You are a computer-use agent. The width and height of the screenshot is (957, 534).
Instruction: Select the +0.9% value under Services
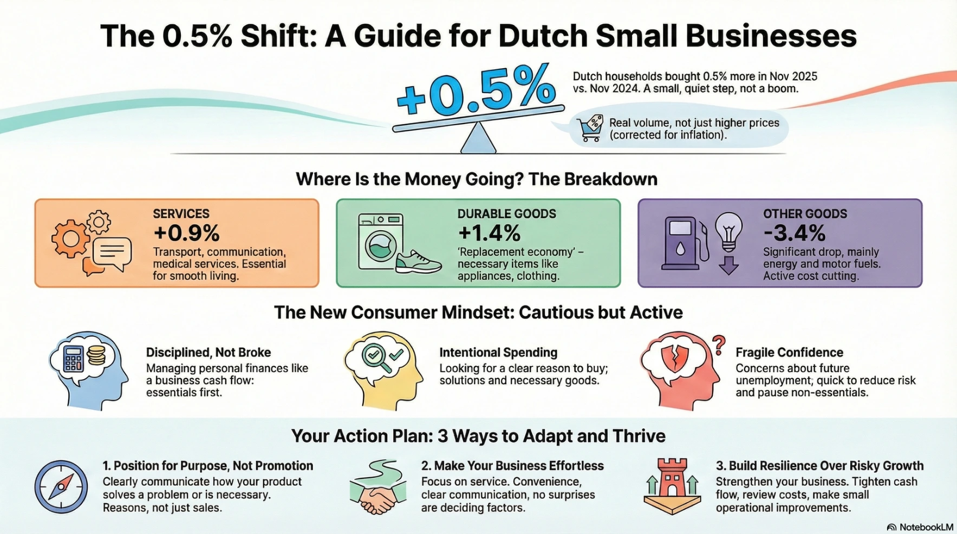pyautogui.click(x=186, y=233)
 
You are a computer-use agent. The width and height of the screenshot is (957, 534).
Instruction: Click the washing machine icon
pyautogui.click(x=381, y=242)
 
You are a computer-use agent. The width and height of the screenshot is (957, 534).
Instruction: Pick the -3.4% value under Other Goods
pyautogui.click(x=795, y=233)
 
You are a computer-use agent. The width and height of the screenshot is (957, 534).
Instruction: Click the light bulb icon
pyautogui.click(x=728, y=231)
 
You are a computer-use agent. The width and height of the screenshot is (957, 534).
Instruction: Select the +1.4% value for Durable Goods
pyautogui.click(x=489, y=233)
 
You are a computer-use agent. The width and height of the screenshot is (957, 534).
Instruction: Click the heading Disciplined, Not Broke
pyautogui.click(x=209, y=353)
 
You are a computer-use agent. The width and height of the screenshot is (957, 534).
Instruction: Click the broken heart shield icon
pyautogui.click(x=674, y=357)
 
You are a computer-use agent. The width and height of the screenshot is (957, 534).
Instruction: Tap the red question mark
pyautogui.click(x=719, y=345)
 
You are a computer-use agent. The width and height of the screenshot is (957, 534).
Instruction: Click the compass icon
pyautogui.click(x=61, y=487)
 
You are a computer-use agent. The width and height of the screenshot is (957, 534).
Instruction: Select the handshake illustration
pyautogui.click(x=377, y=499)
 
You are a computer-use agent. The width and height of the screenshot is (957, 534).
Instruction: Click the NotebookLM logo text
pyautogui.click(x=926, y=528)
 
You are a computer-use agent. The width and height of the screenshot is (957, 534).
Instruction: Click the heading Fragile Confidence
pyautogui.click(x=789, y=353)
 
